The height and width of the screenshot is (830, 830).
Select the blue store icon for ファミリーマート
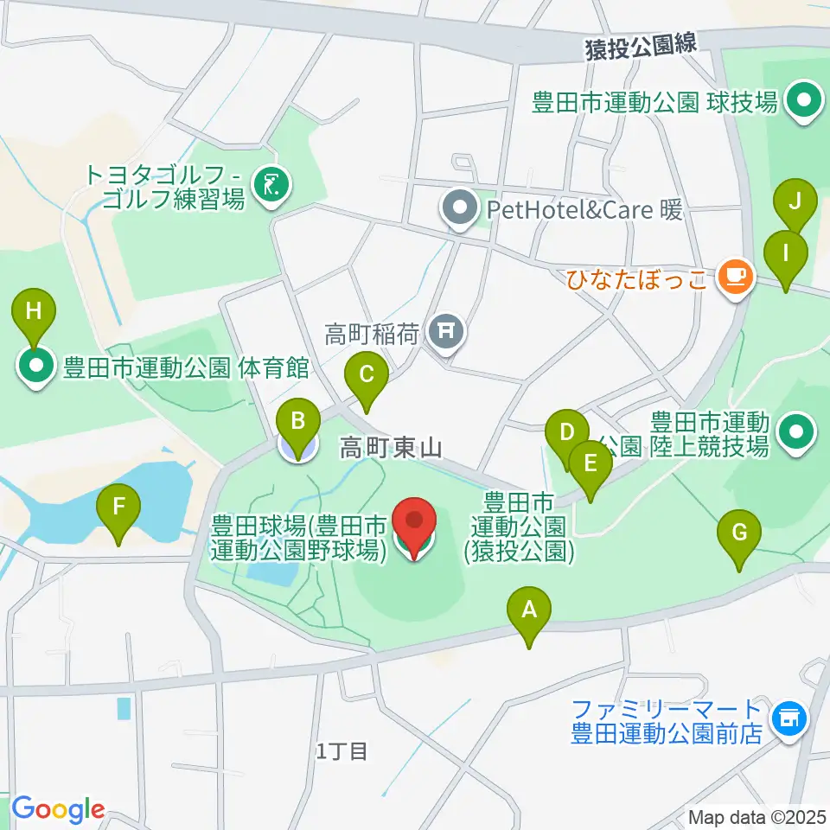(788, 717)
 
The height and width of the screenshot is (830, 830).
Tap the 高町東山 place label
(391, 447)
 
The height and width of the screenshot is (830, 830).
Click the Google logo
(57, 809)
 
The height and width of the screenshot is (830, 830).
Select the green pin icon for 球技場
(804, 102)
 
